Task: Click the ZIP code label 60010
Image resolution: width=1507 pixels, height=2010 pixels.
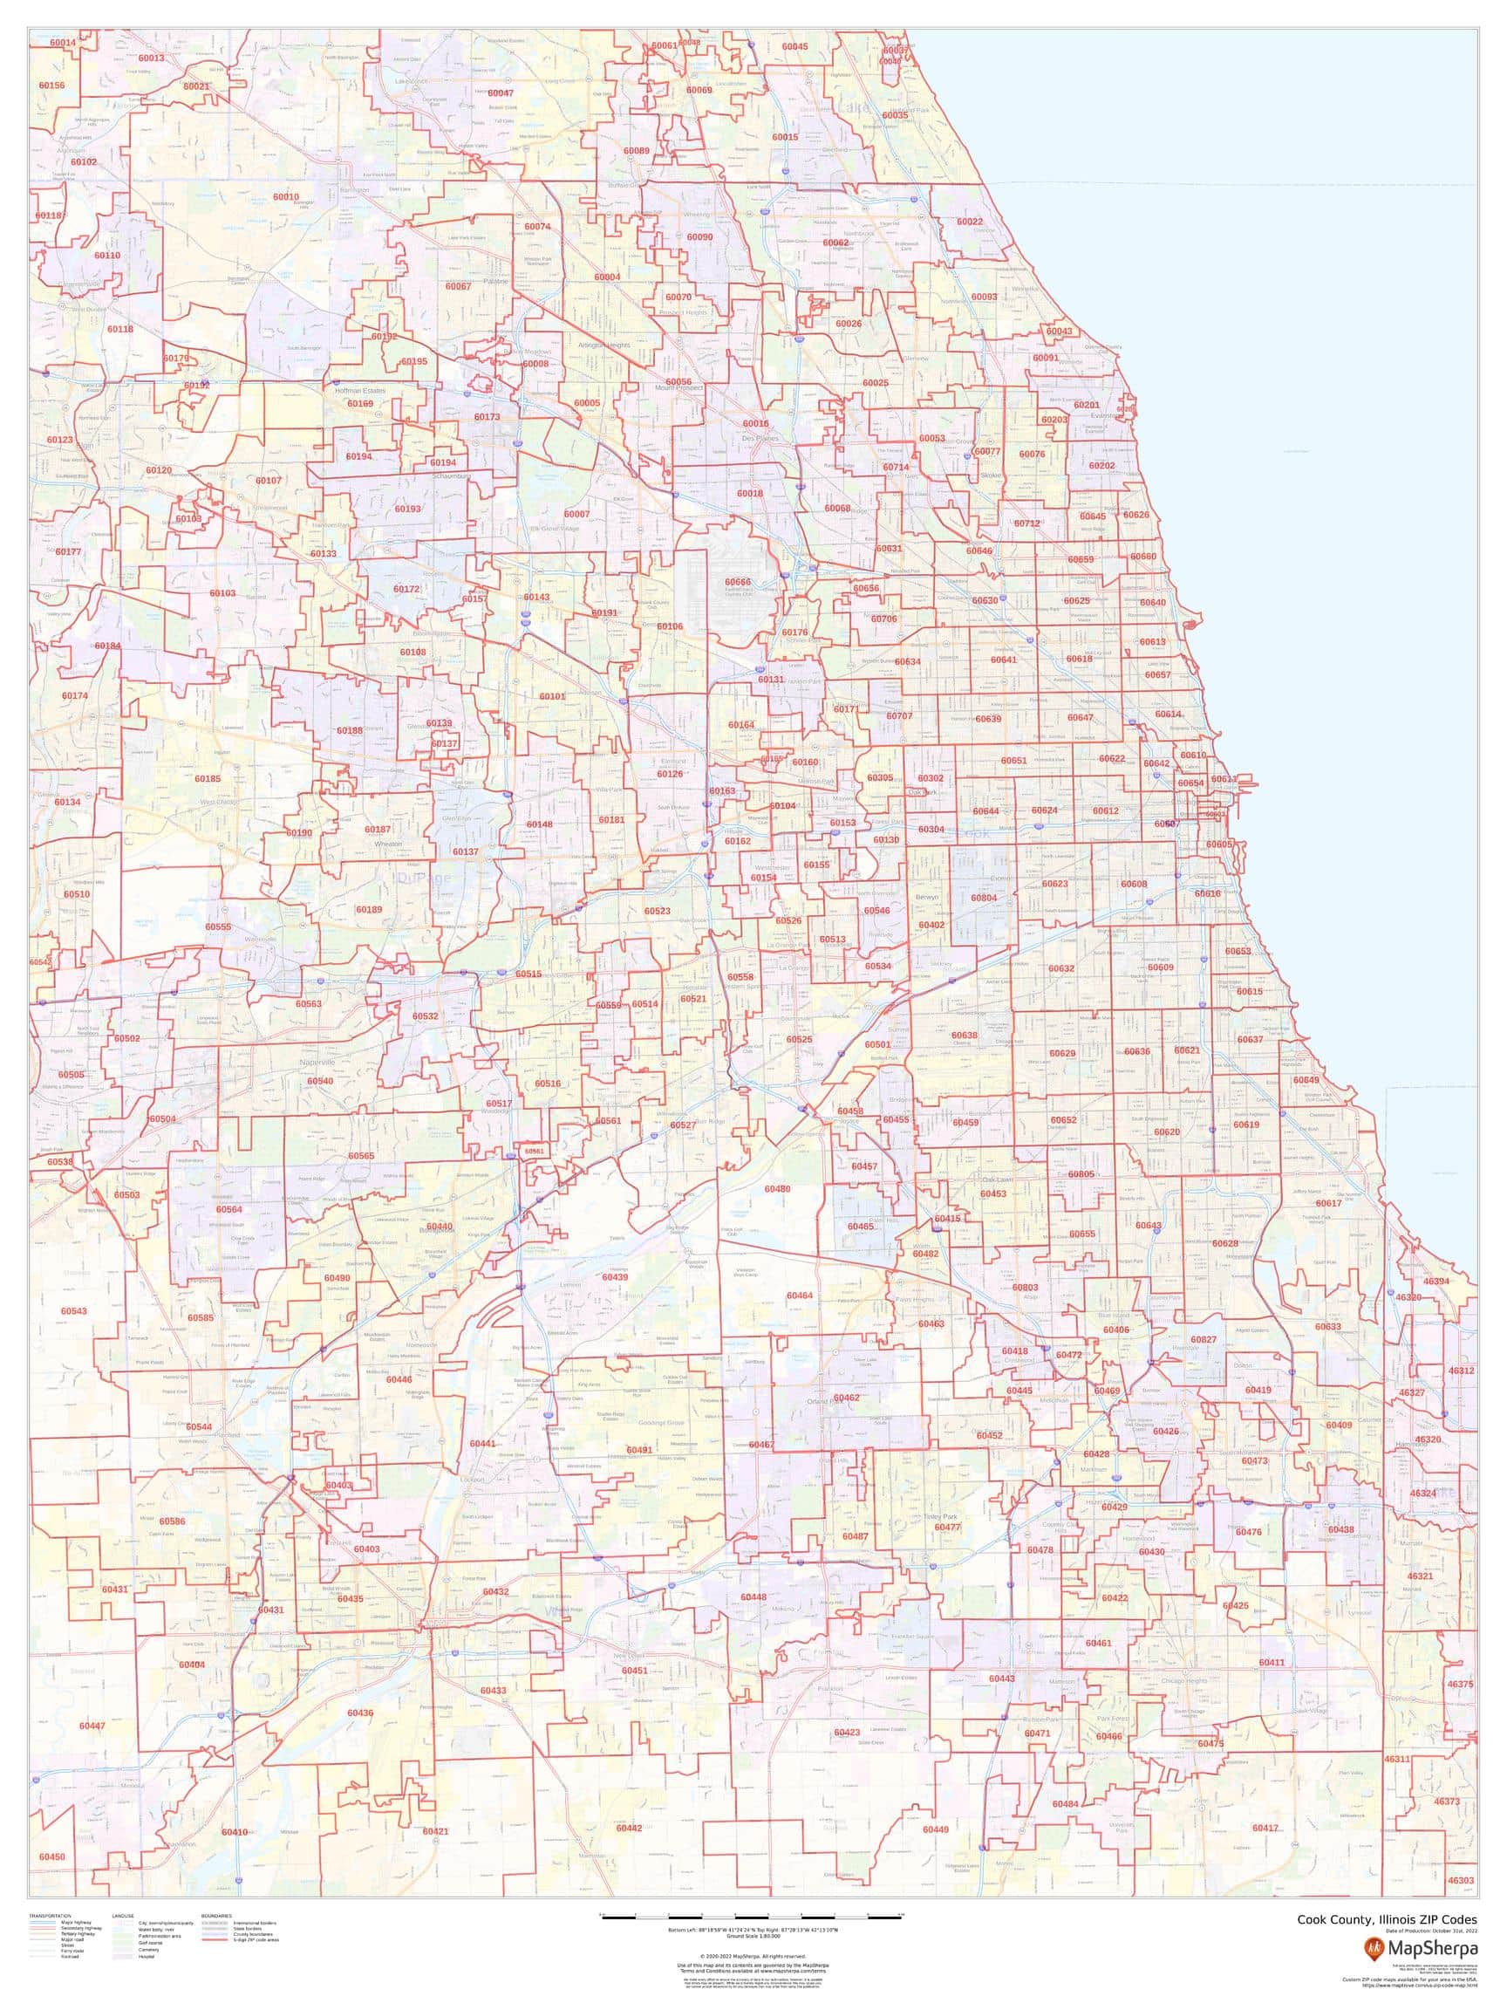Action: pyautogui.click(x=285, y=196)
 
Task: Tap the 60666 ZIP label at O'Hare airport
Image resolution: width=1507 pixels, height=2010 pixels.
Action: pyautogui.click(x=738, y=582)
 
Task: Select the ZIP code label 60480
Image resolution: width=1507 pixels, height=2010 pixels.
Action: pyautogui.click(x=777, y=1188)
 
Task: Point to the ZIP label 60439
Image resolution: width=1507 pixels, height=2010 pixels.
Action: pyautogui.click(x=615, y=1276)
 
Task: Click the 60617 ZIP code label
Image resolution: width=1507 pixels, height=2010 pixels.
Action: pyautogui.click(x=1328, y=1203)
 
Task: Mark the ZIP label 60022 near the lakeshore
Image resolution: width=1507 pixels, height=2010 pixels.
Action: pyautogui.click(x=969, y=222)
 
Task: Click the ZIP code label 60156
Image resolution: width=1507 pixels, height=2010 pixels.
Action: pyautogui.click(x=51, y=85)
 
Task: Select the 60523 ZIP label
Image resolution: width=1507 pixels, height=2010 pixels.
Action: pyautogui.click(x=658, y=911)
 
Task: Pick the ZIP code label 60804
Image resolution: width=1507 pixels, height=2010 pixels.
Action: pyautogui.click(x=984, y=898)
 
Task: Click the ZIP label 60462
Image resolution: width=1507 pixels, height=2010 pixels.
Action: pyautogui.click(x=846, y=1398)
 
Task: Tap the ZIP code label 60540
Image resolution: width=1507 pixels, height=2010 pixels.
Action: pyautogui.click(x=320, y=1081)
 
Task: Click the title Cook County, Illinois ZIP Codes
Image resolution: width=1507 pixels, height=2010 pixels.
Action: pyautogui.click(x=1386, y=1920)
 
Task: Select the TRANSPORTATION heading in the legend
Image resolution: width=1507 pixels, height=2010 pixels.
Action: pyautogui.click(x=50, y=1916)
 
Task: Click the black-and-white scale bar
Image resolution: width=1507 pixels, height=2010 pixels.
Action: pyautogui.click(x=752, y=1917)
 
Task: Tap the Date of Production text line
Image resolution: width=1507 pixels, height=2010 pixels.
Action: pyautogui.click(x=1432, y=1931)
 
